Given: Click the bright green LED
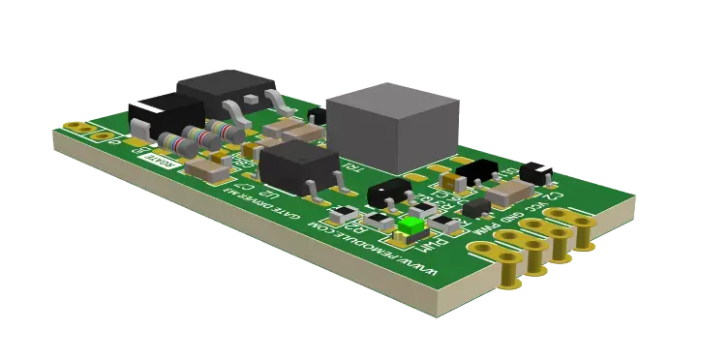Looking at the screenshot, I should click(411, 226).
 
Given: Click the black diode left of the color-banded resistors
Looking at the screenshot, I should click(154, 118).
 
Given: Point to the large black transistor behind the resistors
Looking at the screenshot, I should click(223, 95).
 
